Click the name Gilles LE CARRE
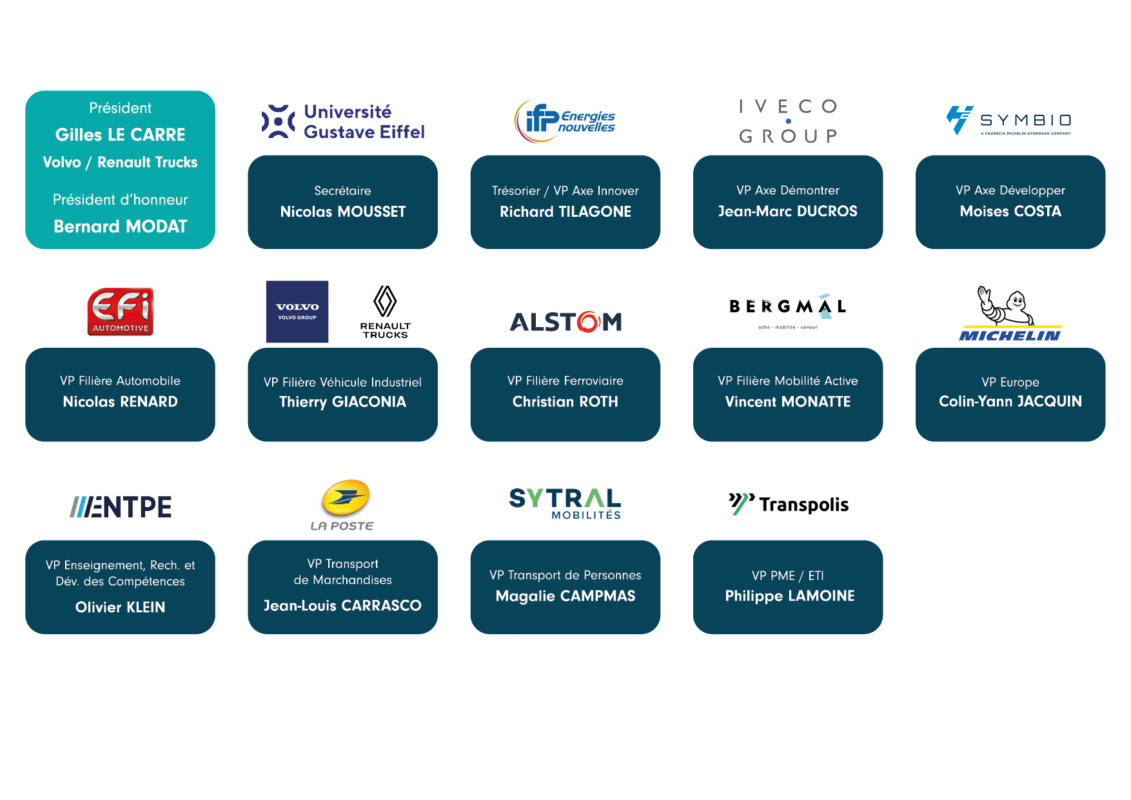(x=120, y=135)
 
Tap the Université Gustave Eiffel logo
(x=342, y=121)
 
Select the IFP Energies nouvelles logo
(x=565, y=121)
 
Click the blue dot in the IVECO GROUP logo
(x=788, y=121)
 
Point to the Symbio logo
(x=1010, y=121)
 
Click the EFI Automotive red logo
(x=121, y=312)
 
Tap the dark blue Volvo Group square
(x=297, y=312)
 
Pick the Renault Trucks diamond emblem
(x=385, y=301)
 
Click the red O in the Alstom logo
(x=588, y=321)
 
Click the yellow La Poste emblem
(x=346, y=498)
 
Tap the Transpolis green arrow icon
(x=741, y=503)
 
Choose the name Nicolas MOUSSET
(x=342, y=212)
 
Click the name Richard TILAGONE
(x=565, y=212)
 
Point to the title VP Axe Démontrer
(x=787, y=190)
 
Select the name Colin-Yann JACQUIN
(x=1010, y=401)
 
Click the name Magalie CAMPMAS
(x=565, y=596)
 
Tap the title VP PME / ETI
(x=787, y=575)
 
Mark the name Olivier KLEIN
(x=120, y=607)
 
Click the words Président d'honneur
(x=120, y=200)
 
